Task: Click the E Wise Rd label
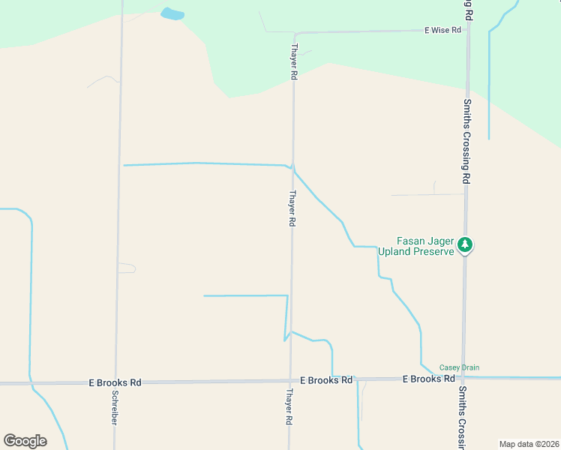click(442, 31)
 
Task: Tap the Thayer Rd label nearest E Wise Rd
click(293, 62)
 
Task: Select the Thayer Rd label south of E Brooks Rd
click(289, 406)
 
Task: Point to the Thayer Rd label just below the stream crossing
click(292, 208)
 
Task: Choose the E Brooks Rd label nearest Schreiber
click(115, 382)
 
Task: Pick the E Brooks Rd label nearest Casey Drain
click(428, 379)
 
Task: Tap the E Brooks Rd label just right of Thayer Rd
click(326, 380)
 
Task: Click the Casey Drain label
click(459, 367)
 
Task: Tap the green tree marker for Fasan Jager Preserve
click(465, 244)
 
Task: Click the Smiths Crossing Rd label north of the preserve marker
click(466, 142)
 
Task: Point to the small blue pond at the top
click(172, 13)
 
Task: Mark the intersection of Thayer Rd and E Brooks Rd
click(291, 381)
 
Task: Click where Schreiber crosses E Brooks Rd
click(116, 382)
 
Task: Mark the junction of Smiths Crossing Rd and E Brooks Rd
click(463, 379)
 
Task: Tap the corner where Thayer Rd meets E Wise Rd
click(295, 34)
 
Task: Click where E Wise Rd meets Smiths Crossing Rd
click(468, 31)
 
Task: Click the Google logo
click(25, 441)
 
